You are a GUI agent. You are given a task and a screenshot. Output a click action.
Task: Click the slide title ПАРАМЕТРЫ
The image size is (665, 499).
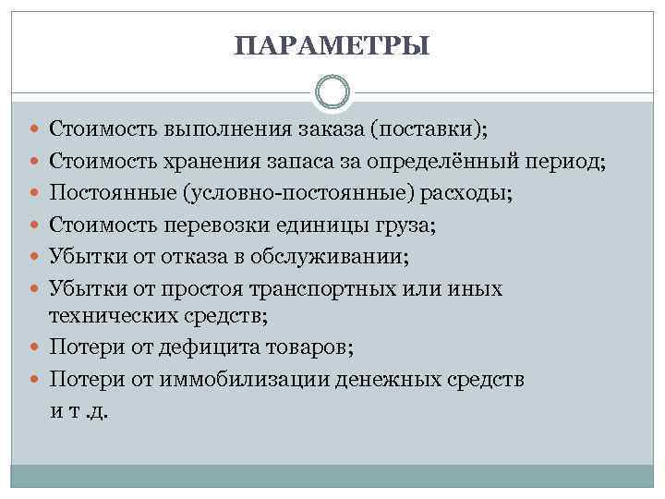point(332,45)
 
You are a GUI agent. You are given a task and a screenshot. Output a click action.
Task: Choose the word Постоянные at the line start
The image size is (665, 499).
point(110,194)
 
